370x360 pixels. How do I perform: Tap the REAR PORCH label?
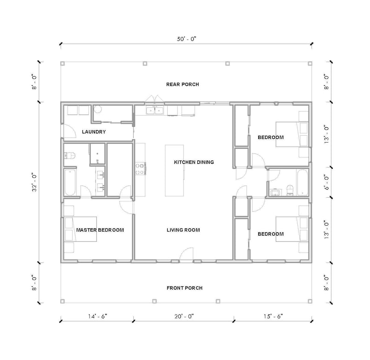(183, 84)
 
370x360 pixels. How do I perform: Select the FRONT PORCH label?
(185, 288)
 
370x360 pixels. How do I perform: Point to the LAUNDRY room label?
(94, 132)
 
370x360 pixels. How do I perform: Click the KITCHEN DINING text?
(193, 162)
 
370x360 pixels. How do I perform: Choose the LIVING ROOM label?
(183, 230)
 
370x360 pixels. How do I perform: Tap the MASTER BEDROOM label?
(100, 230)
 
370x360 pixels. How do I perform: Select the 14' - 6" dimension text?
(96, 316)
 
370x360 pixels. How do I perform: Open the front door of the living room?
(186, 256)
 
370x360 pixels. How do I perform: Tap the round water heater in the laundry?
(98, 110)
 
